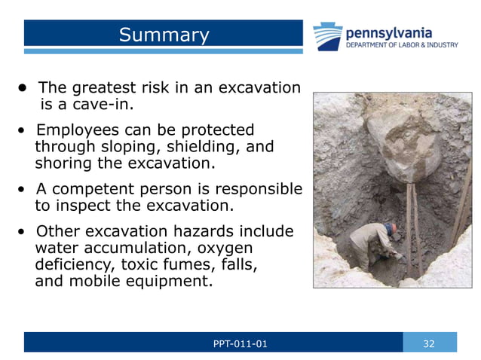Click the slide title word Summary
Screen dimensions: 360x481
pyautogui.click(x=164, y=35)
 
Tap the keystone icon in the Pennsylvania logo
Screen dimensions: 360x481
pyautogui.click(x=328, y=36)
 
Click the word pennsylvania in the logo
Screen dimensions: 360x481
pyautogui.click(x=388, y=32)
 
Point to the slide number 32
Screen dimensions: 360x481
pyautogui.click(x=429, y=343)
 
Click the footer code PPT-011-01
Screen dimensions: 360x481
pyautogui.click(x=240, y=343)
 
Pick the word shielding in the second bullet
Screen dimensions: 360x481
pyautogui.click(x=202, y=146)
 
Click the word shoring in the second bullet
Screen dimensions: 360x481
pyautogui.click(x=62, y=163)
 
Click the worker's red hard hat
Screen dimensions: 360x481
pyautogui.click(x=391, y=226)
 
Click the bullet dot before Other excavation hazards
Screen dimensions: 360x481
pyautogui.click(x=22, y=231)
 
